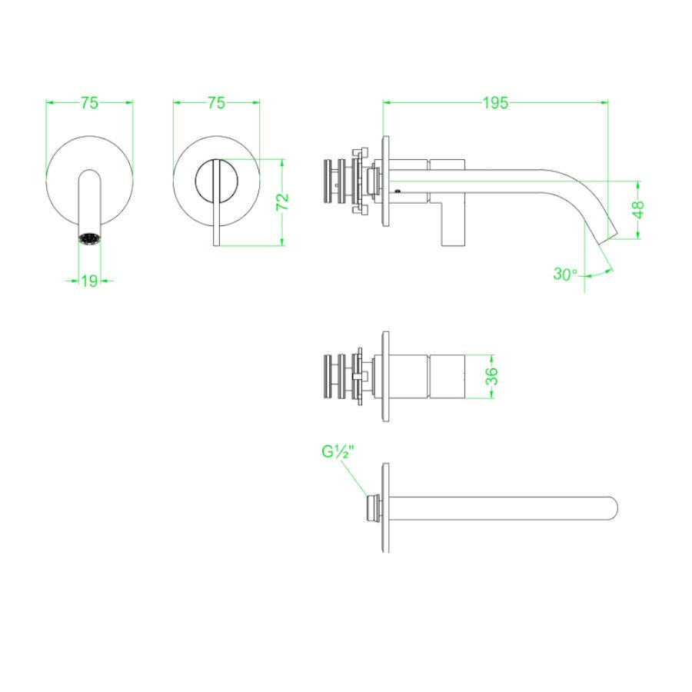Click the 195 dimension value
(x=495, y=103)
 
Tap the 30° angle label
(x=565, y=274)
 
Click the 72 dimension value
(x=282, y=202)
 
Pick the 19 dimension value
(x=89, y=281)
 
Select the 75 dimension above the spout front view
(x=89, y=103)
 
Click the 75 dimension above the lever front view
(x=216, y=103)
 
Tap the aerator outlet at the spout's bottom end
(x=89, y=238)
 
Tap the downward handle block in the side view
(x=454, y=223)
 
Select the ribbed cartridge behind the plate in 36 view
(x=335, y=376)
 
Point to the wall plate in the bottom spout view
(x=385, y=507)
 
